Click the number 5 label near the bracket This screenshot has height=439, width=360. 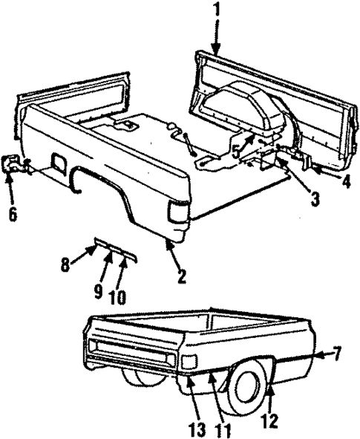click(x=235, y=153)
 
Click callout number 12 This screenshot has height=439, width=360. click(x=269, y=420)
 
